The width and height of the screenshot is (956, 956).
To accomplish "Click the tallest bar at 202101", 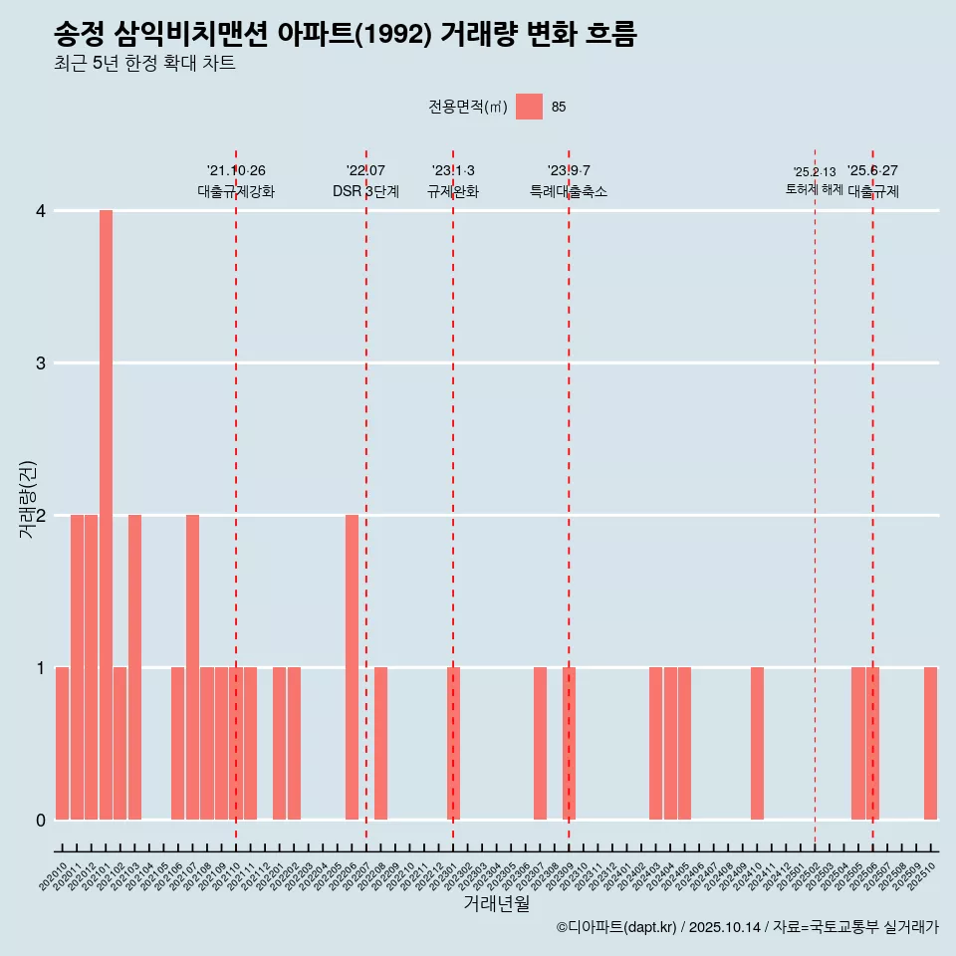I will pos(106,515).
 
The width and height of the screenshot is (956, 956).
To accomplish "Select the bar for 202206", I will pos(352,667).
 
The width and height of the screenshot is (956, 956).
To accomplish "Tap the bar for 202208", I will pos(380,743).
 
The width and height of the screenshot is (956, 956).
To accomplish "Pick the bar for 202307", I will pos(540,743).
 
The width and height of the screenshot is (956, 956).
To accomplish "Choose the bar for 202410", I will pos(757,743).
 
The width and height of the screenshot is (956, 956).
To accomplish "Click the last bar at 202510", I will pos(930,743).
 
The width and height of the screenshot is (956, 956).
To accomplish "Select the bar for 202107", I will pos(192,667).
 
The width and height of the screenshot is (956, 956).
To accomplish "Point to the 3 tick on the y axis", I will pos(40,362).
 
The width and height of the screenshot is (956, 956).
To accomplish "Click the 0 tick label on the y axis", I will pos(40,820).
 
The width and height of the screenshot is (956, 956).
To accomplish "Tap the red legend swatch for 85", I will pos(529,107).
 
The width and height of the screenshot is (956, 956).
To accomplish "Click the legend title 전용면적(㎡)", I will pos(467,108).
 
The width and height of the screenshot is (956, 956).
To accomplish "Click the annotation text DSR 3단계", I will pos(365,191).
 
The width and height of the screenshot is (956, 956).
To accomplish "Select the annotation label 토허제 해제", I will pos(814,189).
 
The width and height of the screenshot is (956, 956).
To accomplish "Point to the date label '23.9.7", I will pos(569,171).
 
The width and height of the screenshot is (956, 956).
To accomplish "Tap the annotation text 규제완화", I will pos(453,191).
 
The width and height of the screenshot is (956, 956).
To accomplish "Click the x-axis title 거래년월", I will pos(496,903).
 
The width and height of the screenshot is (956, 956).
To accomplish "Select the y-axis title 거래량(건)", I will pos(28,498).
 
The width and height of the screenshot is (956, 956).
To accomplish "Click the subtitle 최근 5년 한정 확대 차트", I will pos(144,65).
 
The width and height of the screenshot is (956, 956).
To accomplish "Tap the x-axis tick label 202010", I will pos(54,877).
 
